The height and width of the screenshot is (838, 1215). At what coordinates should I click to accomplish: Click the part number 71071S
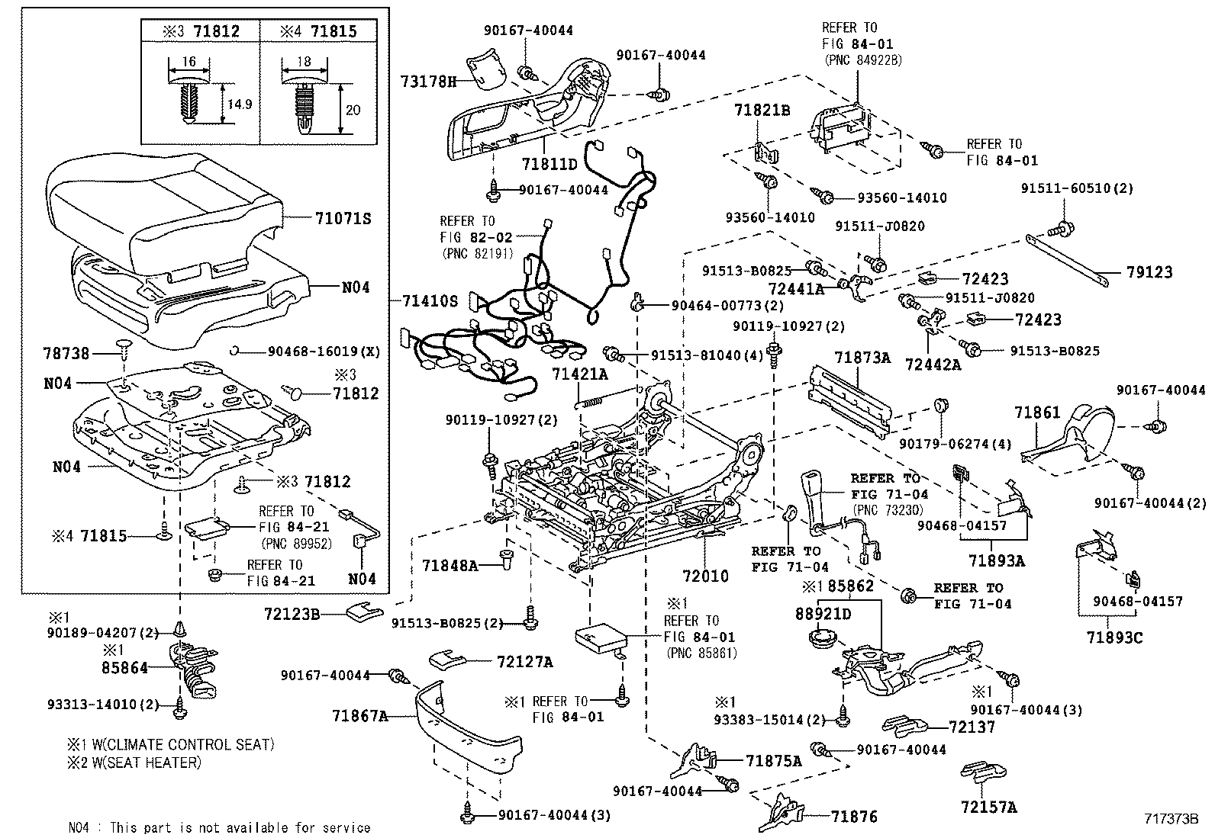click(343, 219)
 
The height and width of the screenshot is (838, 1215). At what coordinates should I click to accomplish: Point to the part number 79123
click(1149, 272)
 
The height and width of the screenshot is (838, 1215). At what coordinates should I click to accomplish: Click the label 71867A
click(360, 716)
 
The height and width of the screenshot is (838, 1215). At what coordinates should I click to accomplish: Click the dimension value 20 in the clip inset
click(353, 111)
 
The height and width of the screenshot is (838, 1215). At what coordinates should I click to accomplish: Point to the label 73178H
click(429, 82)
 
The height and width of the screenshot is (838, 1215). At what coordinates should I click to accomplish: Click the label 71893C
click(1115, 637)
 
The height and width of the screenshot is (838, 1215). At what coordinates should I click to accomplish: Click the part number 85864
click(124, 668)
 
